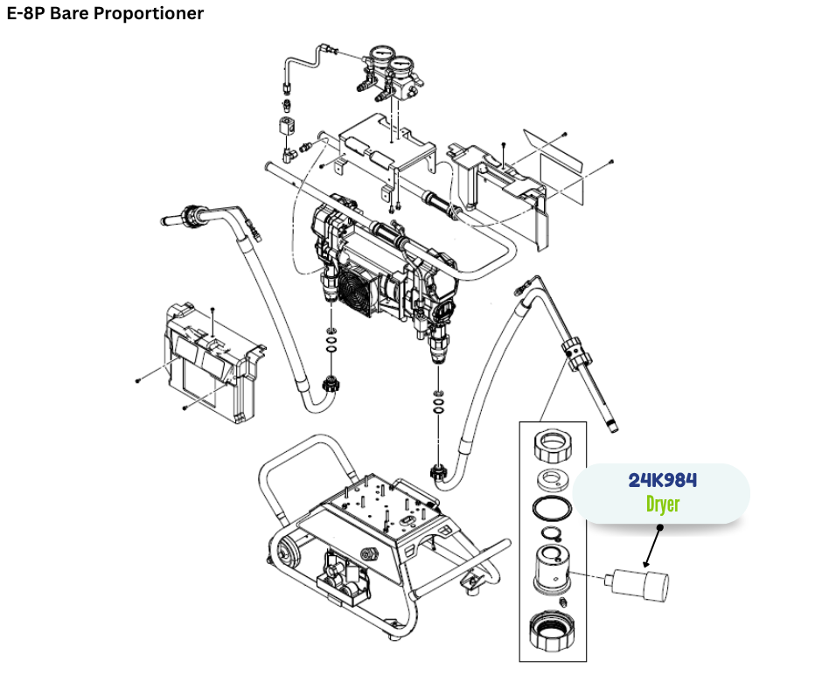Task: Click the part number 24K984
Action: (x=662, y=480)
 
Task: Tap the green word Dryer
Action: (x=662, y=505)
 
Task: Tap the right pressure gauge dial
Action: (x=404, y=66)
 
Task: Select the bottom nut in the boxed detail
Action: (x=553, y=630)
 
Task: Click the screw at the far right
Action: (x=610, y=162)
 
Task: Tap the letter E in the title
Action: (x=12, y=14)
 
